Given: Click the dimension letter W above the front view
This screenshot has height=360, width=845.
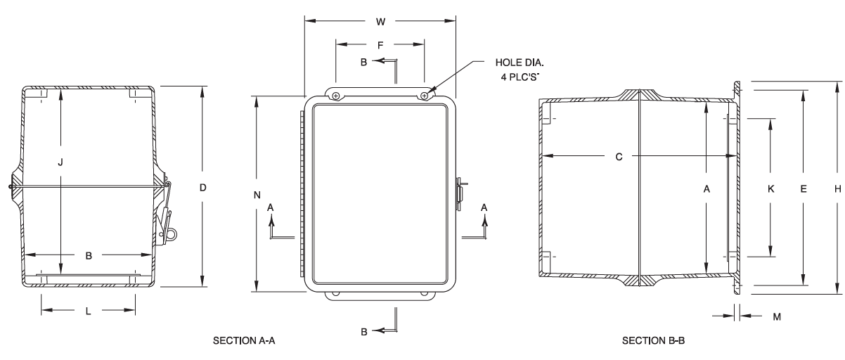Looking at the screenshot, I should tap(380, 21).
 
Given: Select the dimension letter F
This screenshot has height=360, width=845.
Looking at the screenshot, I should tap(380, 44).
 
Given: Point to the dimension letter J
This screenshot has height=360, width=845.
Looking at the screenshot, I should tap(61, 162).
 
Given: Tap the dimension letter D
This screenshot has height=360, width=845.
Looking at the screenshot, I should tap(202, 188).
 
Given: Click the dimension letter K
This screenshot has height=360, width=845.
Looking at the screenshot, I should tap(771, 188).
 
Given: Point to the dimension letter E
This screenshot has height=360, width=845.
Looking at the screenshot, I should tap(803, 188).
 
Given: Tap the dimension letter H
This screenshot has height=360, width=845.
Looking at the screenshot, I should tap(837, 188).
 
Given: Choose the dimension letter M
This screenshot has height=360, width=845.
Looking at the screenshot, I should tap(777, 317).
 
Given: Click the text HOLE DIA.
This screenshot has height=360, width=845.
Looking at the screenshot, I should tap(519, 62).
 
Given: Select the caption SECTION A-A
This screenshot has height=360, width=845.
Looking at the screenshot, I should tap(242, 341).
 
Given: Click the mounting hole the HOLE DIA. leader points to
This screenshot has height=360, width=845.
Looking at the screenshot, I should tap(425, 96).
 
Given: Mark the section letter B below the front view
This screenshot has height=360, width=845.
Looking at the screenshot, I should tap(365, 330).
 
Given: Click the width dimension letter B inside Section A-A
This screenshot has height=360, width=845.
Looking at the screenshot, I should tap(89, 256).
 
